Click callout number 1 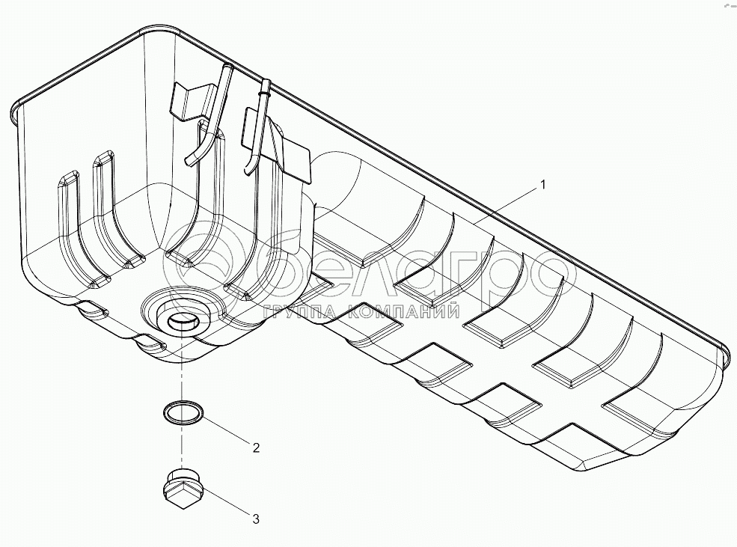544,183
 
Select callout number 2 256,448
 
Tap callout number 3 255,518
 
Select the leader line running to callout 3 224,504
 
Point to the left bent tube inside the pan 208,120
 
